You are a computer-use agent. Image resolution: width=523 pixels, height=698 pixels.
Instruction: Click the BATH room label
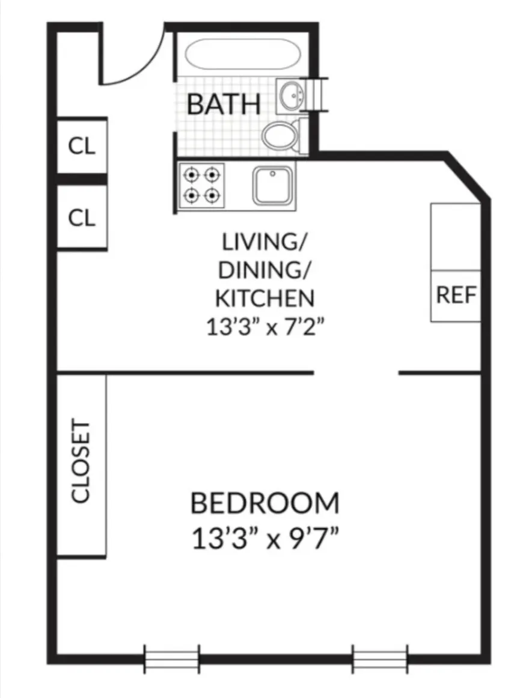[224, 105]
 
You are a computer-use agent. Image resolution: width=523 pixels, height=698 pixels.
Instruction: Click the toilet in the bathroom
[280, 136]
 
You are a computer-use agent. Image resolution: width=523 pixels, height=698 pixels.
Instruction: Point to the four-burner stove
[201, 186]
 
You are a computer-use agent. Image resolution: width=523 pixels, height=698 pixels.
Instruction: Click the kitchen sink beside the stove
[274, 185]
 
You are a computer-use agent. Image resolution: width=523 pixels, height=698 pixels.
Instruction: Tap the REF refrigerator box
[456, 296]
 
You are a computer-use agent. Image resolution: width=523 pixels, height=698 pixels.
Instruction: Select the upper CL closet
[82, 146]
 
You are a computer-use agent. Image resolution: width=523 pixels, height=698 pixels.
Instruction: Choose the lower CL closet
[82, 217]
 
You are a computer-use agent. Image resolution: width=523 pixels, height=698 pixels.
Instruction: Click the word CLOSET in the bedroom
[81, 461]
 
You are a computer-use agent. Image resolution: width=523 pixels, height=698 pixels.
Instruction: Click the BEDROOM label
[265, 503]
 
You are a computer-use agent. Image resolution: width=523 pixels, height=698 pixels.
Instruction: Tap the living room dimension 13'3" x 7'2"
[265, 329]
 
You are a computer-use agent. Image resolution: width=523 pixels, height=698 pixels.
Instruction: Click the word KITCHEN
[265, 298]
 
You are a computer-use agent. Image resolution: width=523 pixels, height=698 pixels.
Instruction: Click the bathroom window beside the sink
[318, 96]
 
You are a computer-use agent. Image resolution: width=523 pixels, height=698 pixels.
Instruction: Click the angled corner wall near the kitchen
[468, 177]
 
